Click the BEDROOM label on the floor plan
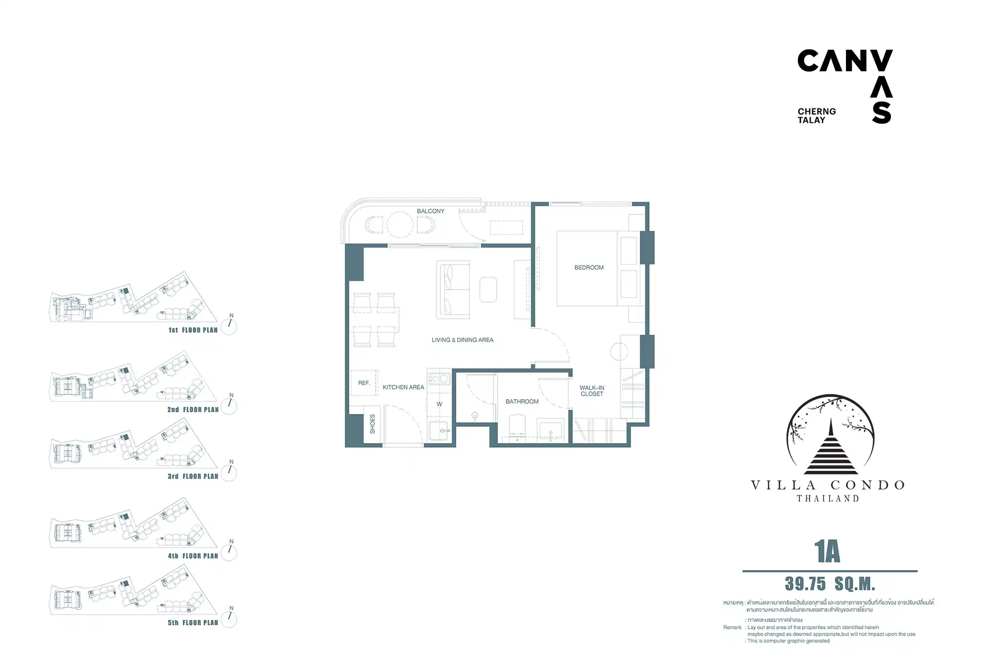589,268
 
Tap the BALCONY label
431,211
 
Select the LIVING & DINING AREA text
462,340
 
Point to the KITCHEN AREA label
403,387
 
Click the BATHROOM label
522,402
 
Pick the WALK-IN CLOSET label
592,391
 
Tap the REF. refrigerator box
364,383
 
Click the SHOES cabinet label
372,424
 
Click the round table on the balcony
400,224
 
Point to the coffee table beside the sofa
488,290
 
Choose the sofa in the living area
453,290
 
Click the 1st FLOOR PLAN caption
193,330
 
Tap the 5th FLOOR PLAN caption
193,623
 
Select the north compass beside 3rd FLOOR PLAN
229,472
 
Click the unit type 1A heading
827,552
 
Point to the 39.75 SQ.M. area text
830,584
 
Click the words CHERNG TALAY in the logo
817,116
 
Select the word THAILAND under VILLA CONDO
828,498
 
